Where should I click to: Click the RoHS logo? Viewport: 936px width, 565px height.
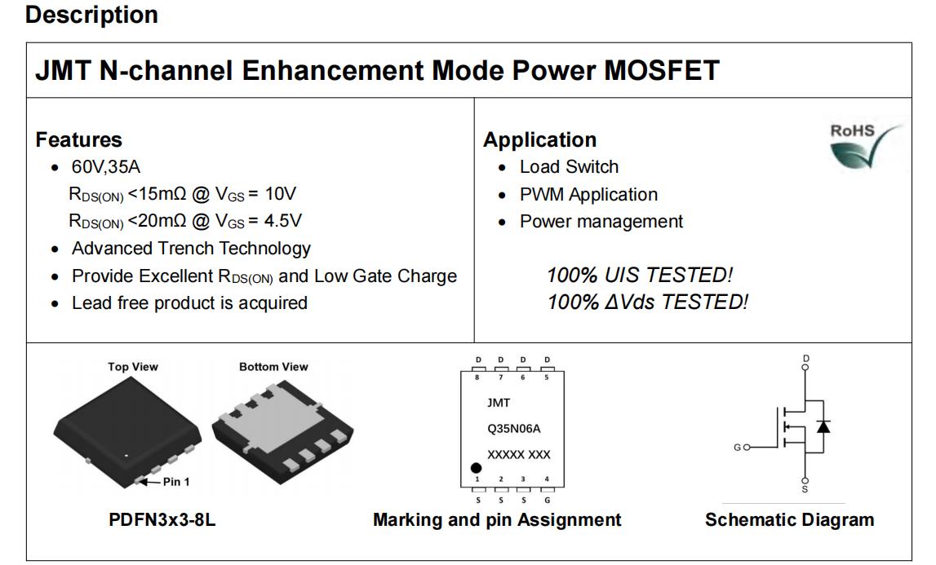pyautogui.click(x=866, y=144)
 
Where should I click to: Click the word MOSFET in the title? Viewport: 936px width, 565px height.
pyautogui.click(x=662, y=70)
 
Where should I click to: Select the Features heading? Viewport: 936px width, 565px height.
pyautogui.click(x=79, y=139)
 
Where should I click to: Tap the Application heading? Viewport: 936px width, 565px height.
pyautogui.click(x=539, y=139)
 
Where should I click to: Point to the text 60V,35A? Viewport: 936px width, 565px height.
pyautogui.click(x=106, y=167)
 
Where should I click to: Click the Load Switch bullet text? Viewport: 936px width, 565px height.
pyautogui.click(x=569, y=167)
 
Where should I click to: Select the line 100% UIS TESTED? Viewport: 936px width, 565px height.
pyautogui.click(x=640, y=275)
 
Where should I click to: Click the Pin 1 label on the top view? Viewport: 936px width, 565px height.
pyautogui.click(x=176, y=482)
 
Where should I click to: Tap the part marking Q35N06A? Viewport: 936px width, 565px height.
pyautogui.click(x=514, y=428)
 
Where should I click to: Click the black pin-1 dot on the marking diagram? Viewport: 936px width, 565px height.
pyautogui.click(x=476, y=468)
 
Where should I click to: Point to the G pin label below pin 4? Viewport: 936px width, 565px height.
pyautogui.click(x=547, y=500)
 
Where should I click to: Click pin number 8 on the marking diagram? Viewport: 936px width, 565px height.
pyautogui.click(x=477, y=377)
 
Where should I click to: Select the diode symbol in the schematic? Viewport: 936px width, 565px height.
pyautogui.click(x=823, y=426)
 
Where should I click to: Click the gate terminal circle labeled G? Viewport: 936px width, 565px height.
pyautogui.click(x=747, y=447)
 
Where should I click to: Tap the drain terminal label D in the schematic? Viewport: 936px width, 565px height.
pyautogui.click(x=806, y=358)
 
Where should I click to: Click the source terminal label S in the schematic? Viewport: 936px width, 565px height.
pyautogui.click(x=805, y=489)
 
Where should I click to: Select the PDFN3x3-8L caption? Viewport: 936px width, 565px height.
pyautogui.click(x=162, y=519)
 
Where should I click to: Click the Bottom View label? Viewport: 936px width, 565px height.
pyautogui.click(x=273, y=367)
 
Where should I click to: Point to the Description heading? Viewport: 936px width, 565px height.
pyautogui.click(x=92, y=15)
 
